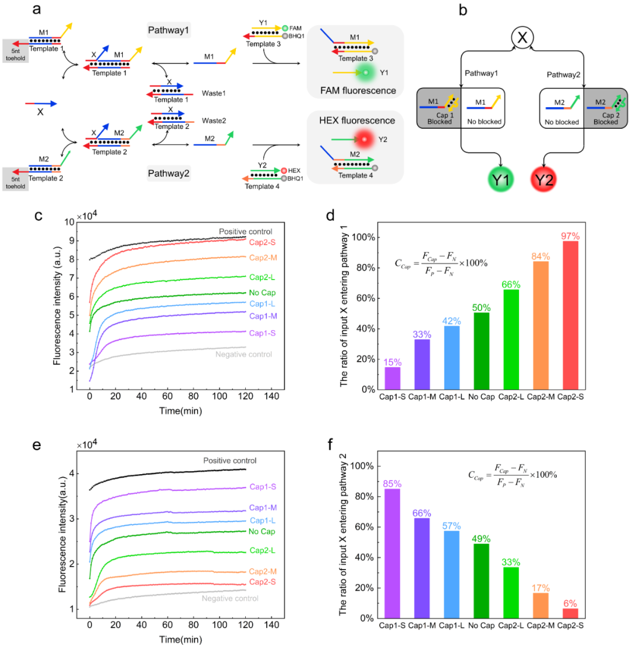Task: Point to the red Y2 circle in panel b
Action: (x=544, y=179)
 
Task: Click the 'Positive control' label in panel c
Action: (x=245, y=232)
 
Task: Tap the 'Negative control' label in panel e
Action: (x=230, y=598)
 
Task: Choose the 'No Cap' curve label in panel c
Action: (x=262, y=293)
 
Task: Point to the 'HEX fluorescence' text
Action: (x=355, y=121)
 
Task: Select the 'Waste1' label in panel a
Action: (x=214, y=93)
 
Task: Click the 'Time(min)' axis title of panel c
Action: (x=181, y=410)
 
